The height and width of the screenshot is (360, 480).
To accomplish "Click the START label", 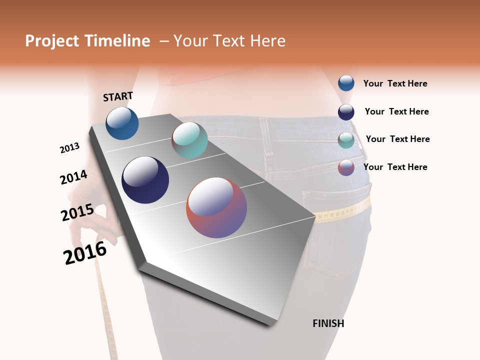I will (118, 96).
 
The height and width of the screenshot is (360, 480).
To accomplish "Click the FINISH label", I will (328, 323).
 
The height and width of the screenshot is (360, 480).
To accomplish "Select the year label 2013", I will (69, 148).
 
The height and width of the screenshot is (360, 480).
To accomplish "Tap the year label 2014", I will (73, 177).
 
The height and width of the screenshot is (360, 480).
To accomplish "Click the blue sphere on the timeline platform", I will (122, 123).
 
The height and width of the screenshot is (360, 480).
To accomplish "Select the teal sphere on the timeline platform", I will (189, 140).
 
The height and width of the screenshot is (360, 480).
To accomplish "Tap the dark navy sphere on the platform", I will (145, 180).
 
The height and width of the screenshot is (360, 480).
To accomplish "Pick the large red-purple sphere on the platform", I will (216, 207).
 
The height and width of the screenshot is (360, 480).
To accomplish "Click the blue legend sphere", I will (346, 83).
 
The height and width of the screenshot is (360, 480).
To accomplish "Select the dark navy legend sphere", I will (346, 112).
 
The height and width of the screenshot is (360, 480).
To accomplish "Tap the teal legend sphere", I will (346, 140).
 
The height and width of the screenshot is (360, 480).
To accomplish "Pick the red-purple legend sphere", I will (346, 167).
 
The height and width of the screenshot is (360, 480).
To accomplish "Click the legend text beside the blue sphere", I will (395, 83).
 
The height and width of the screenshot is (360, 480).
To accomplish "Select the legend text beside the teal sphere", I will (397, 139).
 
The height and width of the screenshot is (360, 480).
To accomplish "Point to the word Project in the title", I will (51, 41).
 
